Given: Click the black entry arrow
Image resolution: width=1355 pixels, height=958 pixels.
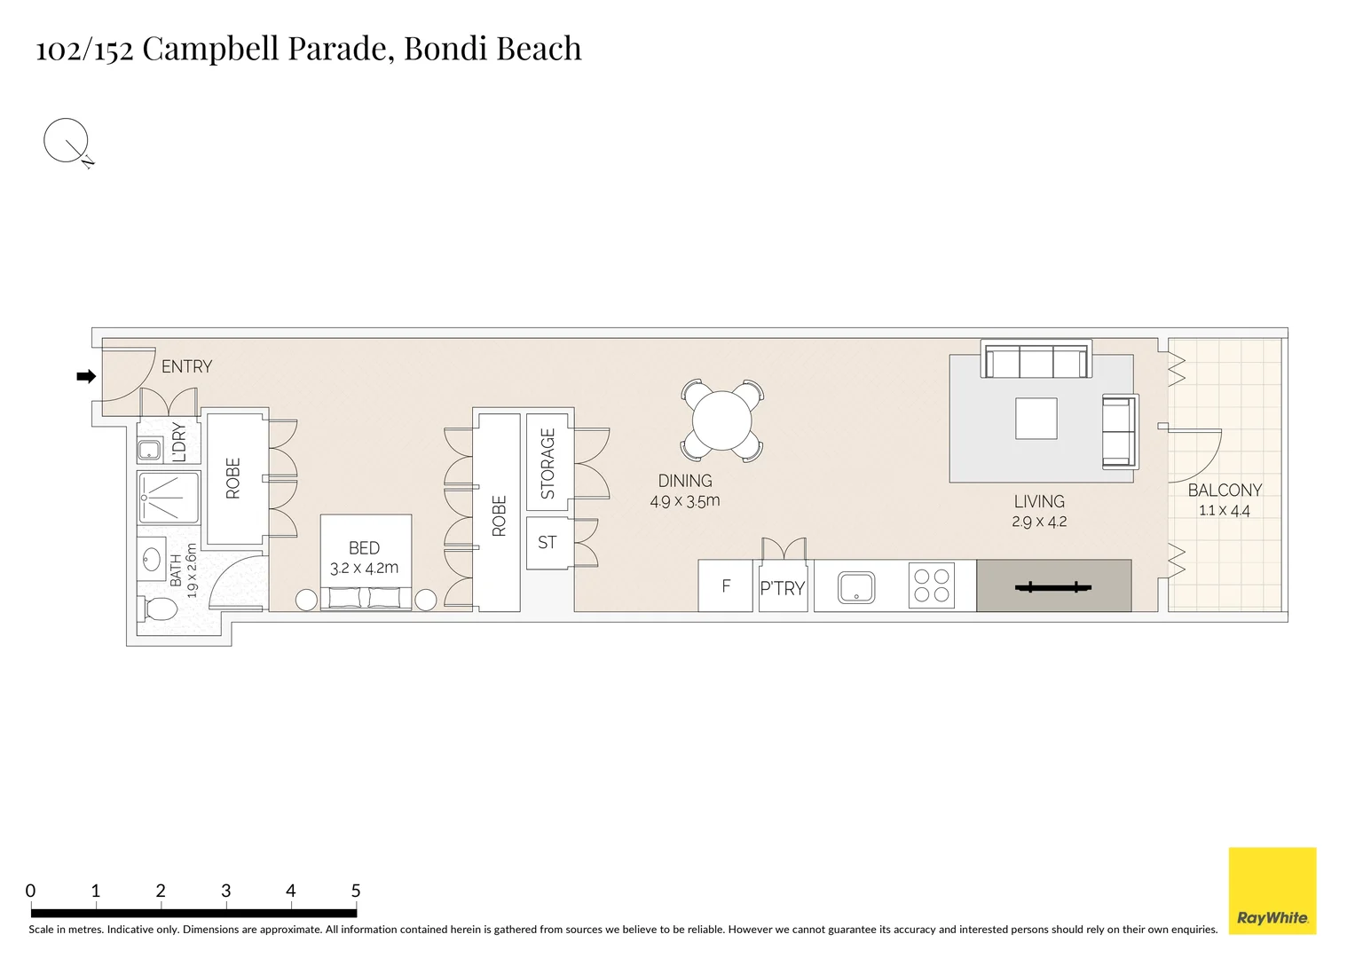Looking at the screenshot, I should coord(86,377).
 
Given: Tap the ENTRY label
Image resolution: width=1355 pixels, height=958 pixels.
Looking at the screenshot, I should coord(186,366).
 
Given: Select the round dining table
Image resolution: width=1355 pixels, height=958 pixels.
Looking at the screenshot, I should coord(722,420).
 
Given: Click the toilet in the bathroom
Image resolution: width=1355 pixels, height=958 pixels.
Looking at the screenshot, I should coord(159,609).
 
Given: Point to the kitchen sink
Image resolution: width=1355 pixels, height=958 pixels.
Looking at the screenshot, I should coord(856,587).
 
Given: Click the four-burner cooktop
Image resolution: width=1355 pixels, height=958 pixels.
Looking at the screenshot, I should coord(931,585).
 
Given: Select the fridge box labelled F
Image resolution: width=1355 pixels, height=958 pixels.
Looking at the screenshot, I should coord(725,585).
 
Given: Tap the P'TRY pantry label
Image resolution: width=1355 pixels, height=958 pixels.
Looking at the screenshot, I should coord(782,588).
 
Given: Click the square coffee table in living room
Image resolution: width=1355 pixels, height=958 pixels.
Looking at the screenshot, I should coord(1036,419).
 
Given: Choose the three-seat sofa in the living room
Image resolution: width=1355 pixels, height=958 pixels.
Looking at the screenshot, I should coord(1036,361).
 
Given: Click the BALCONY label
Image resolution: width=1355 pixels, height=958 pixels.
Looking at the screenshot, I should coord(1224,490).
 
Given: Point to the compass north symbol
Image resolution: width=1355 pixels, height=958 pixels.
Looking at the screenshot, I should coord(67,142).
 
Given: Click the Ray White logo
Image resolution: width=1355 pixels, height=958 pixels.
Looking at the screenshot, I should coord(1272,891).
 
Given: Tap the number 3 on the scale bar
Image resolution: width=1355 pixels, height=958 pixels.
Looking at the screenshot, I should coord(225,891).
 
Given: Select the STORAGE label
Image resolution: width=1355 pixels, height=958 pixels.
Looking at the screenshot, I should coord(548,463).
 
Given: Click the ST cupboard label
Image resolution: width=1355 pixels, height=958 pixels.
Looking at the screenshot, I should coord(547,542).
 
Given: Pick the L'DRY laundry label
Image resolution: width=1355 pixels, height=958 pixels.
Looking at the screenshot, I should coord(179,442).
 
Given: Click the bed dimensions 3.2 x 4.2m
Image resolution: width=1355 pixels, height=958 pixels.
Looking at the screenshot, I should coord(364,568).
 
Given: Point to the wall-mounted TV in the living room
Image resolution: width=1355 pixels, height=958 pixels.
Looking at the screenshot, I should coord(1052,586).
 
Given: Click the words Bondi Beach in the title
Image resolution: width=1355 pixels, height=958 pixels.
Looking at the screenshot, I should coord(492,48).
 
